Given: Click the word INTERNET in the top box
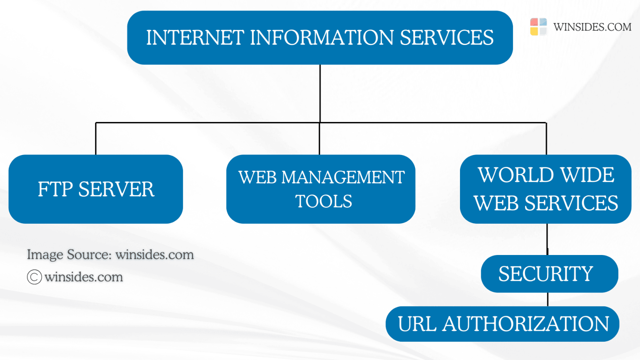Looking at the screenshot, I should click(195, 37).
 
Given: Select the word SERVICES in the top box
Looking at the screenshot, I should click(447, 37).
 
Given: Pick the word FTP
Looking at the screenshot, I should click(55, 190).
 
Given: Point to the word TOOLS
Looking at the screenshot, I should click(324, 202).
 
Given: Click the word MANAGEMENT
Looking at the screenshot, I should click(343, 177).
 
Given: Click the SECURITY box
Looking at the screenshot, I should click(549, 274).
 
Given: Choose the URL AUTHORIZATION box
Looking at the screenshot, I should click(502, 324).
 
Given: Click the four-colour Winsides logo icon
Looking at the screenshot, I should click(538, 27).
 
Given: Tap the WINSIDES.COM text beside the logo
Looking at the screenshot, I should click(592, 27).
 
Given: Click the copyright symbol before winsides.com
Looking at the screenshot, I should click(35, 277).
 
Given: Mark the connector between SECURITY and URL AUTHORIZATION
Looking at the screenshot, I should click(547, 299).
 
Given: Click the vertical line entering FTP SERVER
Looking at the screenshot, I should click(96, 139).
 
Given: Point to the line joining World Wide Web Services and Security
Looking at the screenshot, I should click(547, 239).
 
